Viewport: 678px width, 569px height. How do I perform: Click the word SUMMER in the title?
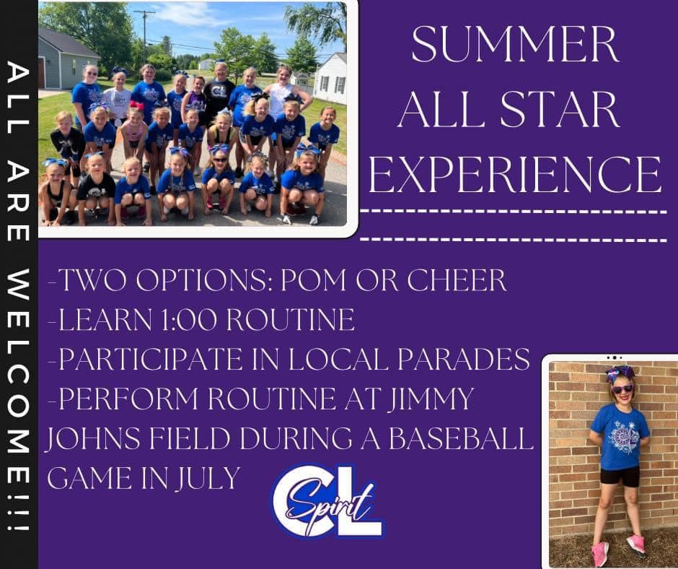[515, 45]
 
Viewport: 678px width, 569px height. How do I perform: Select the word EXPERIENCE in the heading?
[515, 174]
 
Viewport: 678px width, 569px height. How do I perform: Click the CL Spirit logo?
[327, 501]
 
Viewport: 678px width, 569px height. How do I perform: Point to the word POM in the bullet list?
[314, 280]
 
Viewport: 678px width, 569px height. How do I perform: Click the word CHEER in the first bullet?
[457, 280]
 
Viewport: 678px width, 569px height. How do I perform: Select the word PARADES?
[464, 360]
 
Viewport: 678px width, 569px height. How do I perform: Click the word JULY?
[208, 478]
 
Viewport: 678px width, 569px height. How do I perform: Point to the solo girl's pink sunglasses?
[622, 388]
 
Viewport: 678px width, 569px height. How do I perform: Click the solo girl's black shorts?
[620, 477]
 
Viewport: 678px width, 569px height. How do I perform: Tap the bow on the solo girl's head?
[620, 373]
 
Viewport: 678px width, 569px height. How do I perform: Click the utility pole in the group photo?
[144, 32]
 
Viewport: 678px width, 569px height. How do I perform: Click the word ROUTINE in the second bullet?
[290, 320]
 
